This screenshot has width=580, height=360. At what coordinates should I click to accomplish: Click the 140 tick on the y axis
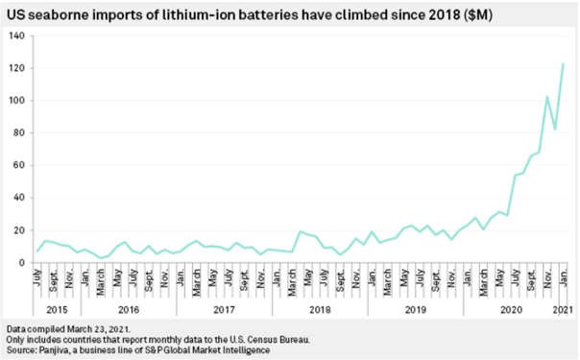pyautogui.click(x=17, y=36)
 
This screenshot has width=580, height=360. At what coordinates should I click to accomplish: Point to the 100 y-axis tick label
pyautogui.click(x=17, y=101)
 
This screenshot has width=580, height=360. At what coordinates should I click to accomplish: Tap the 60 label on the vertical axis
pyautogui.click(x=19, y=165)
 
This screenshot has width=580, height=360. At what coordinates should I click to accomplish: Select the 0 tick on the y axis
pyautogui.click(x=22, y=263)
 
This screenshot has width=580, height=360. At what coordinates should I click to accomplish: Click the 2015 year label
pyautogui.click(x=57, y=309)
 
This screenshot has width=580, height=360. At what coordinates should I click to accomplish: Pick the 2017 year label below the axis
pyautogui.click(x=224, y=309)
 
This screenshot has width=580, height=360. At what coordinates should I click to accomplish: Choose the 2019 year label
pyautogui.click(x=416, y=309)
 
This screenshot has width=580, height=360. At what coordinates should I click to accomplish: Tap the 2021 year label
pyautogui.click(x=563, y=309)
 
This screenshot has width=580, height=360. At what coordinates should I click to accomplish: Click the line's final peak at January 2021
pyautogui.click(x=563, y=63)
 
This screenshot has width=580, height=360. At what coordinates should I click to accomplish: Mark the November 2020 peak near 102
pyautogui.click(x=547, y=97)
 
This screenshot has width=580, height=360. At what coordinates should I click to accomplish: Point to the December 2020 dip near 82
pyautogui.click(x=555, y=130)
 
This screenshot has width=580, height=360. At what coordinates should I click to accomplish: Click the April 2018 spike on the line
pyautogui.click(x=300, y=231)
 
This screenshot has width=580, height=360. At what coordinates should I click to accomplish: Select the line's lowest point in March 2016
pyautogui.click(x=101, y=258)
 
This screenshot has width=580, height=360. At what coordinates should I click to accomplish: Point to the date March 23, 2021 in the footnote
pyautogui.click(x=98, y=329)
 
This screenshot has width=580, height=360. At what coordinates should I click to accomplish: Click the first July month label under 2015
pyautogui.click(x=37, y=277)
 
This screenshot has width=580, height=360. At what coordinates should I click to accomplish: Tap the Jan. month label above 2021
pyautogui.click(x=563, y=278)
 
